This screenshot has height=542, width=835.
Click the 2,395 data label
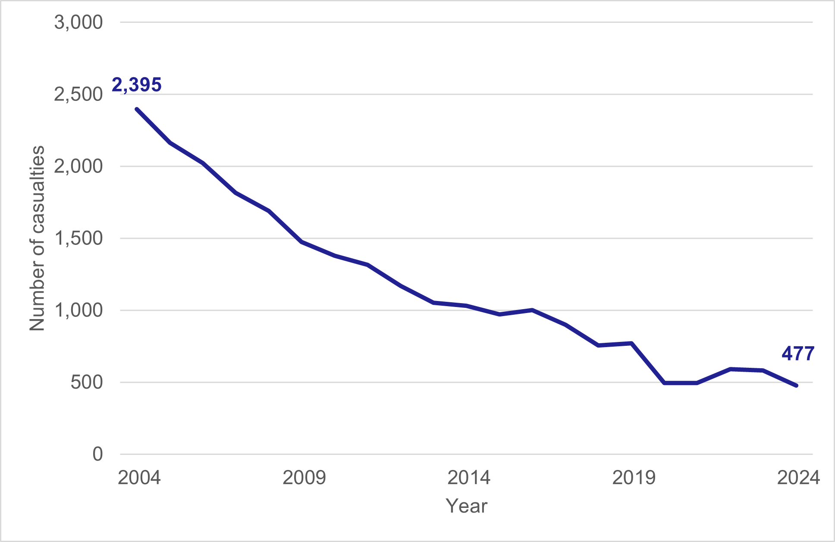tap(136, 85)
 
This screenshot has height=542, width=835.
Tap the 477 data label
tap(798, 354)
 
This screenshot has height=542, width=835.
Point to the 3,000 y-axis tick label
tap(78, 22)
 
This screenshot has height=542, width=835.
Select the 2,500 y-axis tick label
tap(78, 94)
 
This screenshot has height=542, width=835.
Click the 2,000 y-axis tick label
tap(78, 166)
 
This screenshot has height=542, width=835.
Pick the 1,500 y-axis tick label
tap(78, 238)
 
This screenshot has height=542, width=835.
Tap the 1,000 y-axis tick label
tap(78, 310)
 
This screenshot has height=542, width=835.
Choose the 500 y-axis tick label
tap(87, 382)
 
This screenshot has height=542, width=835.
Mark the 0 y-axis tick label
tap(98, 454)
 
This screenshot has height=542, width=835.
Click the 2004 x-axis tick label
tap(139, 478)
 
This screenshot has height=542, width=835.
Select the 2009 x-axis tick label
tap(304, 478)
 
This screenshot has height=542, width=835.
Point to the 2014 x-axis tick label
tap(469, 478)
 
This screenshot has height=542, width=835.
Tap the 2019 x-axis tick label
tap(634, 478)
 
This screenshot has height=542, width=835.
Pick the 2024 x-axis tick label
tap(798, 478)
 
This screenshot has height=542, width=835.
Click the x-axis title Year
tap(466, 506)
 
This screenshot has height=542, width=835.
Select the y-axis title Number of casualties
tap(37, 238)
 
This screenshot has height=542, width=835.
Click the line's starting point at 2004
tap(137, 109)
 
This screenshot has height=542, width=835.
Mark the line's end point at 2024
tap(796, 385)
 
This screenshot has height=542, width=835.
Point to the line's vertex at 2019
tap(631, 343)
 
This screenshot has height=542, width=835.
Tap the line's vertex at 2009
tap(302, 242)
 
